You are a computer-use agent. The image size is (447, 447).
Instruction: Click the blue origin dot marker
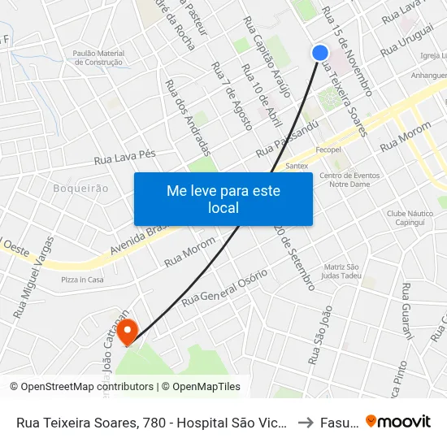[320, 52]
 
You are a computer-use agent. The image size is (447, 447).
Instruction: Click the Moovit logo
[398, 421]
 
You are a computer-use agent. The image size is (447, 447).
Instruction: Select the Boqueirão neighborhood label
[80, 188]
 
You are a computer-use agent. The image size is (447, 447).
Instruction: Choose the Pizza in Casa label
[82, 280]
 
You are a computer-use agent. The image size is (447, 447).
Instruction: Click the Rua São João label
[320, 334]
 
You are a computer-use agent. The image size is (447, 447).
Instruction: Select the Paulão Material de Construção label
[98, 57]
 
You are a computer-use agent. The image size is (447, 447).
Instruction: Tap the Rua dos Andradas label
[188, 117]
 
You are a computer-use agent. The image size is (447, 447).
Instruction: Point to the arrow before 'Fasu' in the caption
[302, 422]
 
